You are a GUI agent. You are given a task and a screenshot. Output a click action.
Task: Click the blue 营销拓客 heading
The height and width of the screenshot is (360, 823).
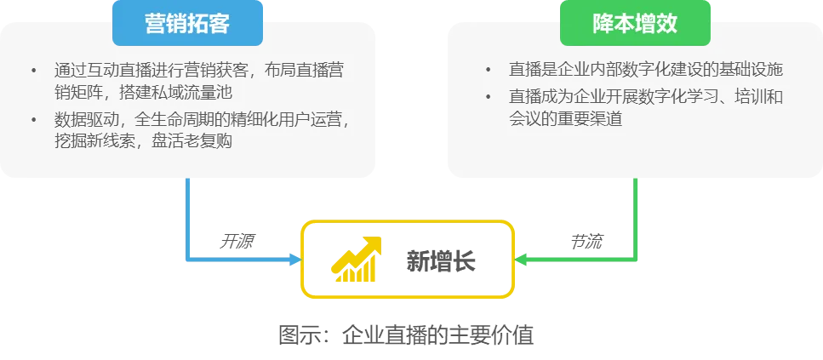[187, 24]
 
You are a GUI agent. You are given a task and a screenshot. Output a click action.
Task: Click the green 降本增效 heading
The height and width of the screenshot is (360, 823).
[635, 24]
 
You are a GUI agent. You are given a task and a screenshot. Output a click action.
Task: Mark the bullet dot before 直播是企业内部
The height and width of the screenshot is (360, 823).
[489, 70]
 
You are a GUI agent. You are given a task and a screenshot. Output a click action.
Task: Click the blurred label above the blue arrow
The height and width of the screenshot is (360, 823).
[237, 241]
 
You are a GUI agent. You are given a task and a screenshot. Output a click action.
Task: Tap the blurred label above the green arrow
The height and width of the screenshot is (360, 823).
[586, 241]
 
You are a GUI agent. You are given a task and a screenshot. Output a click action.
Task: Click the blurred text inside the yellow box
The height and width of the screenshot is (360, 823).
[439, 259]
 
